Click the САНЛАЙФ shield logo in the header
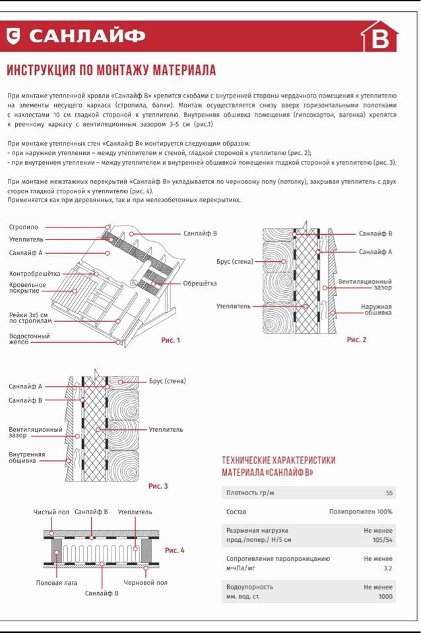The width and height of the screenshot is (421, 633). pos(13,36)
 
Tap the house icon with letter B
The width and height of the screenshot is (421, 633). pos(379,36)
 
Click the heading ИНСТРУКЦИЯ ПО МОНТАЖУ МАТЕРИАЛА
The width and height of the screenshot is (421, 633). pos(112,71)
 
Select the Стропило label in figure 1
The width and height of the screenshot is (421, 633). pos(24,227)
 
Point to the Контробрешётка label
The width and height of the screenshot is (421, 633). pos(35,274)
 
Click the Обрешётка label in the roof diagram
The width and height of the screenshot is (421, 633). pos(199,284)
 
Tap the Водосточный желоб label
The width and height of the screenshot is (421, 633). pos(30,339)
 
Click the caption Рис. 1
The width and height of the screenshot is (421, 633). pos(170,340)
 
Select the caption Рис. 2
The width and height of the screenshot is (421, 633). pos(356,340)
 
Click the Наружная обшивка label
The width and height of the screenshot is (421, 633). pos(377,310)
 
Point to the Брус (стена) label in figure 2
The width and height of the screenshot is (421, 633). pos(235,262)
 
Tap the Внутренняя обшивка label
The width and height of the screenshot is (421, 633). pos(27,458)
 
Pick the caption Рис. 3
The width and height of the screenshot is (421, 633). pos(158,486)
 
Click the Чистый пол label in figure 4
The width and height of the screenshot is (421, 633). pos(51,512)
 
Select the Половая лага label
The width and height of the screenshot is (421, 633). pos(57,583)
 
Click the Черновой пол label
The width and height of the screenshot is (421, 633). pos(145,582)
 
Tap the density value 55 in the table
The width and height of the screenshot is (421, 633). pos(389,493)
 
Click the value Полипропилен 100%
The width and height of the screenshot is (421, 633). pos(361,512)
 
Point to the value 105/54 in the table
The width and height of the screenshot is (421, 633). pos(383,540)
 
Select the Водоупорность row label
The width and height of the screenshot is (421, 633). pos(249,587)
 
